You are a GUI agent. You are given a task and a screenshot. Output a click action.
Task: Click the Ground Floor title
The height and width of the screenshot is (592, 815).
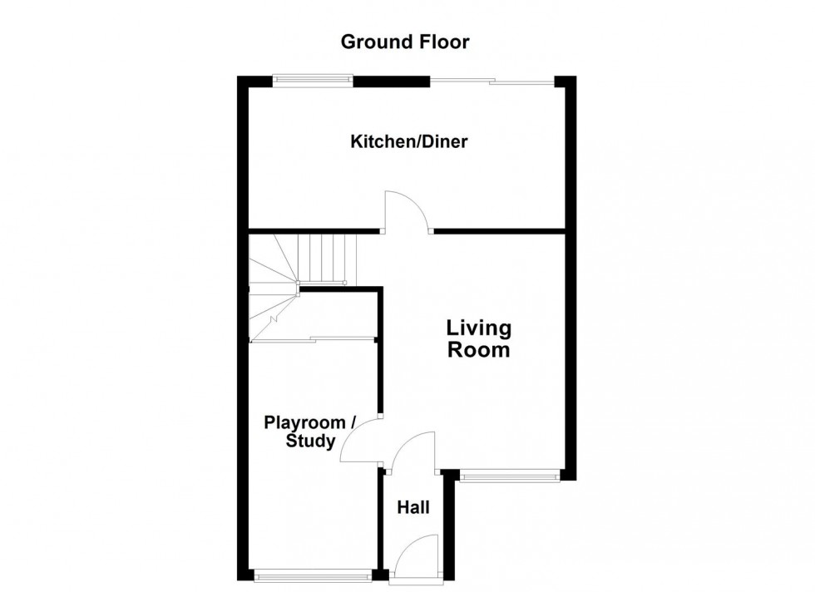(x=405, y=42)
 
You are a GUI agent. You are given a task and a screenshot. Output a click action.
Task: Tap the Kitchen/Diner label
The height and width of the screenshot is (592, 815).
(x=409, y=141)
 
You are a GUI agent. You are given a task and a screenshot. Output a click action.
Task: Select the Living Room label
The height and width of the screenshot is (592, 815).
(x=479, y=339)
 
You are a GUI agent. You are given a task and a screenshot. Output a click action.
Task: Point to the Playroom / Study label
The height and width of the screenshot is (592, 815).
(x=309, y=432)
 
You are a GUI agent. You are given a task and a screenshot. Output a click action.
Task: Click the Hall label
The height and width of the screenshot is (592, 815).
(x=413, y=507)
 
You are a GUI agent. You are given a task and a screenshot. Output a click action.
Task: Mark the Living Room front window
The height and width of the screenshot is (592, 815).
(x=509, y=476)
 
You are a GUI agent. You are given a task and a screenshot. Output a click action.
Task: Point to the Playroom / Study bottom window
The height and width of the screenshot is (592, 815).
(x=313, y=575)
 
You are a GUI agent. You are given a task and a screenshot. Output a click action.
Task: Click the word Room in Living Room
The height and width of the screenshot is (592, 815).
(x=479, y=350)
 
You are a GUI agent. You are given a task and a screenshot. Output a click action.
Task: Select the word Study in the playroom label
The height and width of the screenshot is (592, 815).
(x=310, y=442)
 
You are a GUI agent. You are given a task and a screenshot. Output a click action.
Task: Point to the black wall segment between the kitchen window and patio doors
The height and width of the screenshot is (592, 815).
(x=392, y=81)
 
